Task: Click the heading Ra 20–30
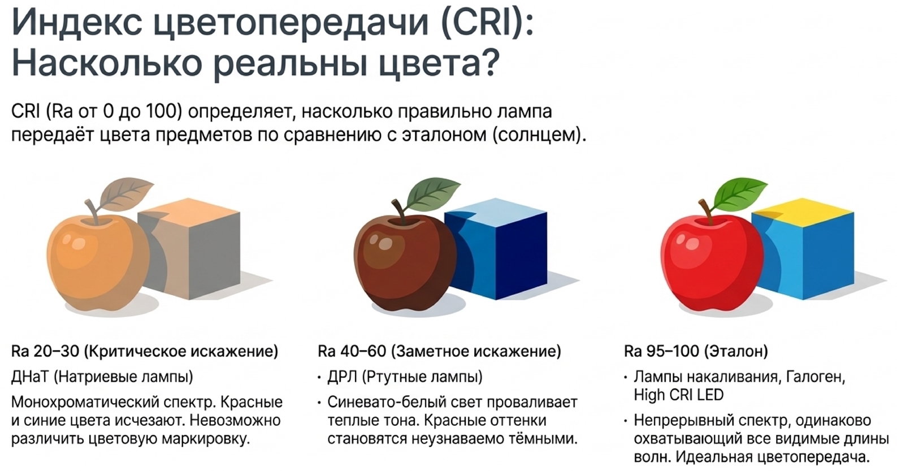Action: (45, 351)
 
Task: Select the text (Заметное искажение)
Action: (476, 351)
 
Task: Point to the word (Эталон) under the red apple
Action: (736, 351)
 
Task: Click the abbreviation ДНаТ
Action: (30, 377)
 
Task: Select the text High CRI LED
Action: (679, 395)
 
